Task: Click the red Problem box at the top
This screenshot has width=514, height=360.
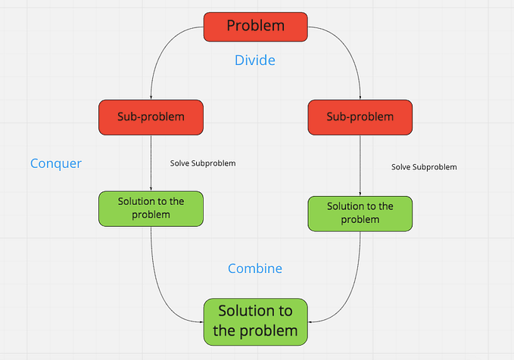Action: (255, 26)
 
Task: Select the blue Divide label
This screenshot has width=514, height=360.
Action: (255, 60)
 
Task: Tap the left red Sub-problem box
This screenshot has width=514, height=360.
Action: (151, 116)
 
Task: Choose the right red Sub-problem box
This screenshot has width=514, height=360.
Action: (360, 116)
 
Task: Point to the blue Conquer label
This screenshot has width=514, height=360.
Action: (56, 163)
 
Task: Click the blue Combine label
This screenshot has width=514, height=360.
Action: (255, 268)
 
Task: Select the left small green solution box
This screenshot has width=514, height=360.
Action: (151, 208)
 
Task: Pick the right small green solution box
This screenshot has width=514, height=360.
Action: (360, 213)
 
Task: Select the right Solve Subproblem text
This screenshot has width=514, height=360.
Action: (424, 166)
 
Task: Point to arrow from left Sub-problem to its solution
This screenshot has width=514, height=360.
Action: (151, 163)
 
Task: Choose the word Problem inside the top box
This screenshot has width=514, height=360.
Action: (255, 26)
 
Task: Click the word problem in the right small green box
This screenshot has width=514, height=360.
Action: (360, 219)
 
